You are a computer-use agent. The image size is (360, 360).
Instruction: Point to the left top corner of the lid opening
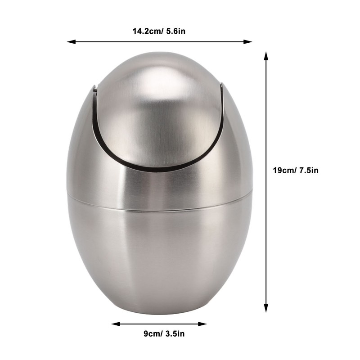(95, 86)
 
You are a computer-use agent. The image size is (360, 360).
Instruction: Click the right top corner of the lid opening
(221, 84)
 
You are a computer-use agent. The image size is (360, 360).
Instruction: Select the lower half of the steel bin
(160, 256)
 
